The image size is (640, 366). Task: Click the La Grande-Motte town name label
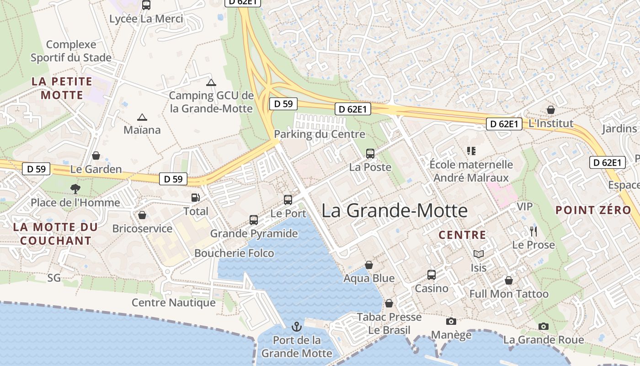pos(395,210)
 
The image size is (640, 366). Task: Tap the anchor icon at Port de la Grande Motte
pos(297,327)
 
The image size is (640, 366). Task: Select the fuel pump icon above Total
pos(195,198)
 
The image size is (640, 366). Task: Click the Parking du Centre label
pos(320,134)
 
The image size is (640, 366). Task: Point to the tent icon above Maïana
pos(142,117)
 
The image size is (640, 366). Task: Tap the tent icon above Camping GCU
pos(211,82)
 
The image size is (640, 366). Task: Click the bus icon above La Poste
pos(370,154)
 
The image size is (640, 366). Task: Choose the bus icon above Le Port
pos(288,199)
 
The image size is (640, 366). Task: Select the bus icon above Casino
pos(432,274)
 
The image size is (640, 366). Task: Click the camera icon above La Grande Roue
pos(544,326)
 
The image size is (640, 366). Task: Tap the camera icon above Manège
pos(451,321)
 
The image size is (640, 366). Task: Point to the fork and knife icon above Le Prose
pos(533,231)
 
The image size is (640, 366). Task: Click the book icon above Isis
pos(479,254)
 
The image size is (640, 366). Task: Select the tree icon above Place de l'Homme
pos(75,188)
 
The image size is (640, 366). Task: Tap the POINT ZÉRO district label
pos(593,210)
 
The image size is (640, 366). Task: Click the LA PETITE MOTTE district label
pos(62,88)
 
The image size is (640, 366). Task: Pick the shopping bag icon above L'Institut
pos(551,110)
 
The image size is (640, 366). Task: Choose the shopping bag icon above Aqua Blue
pos(369,265)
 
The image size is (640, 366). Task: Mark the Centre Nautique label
pos(174,302)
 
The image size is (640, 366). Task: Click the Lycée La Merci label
pos(146,19)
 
